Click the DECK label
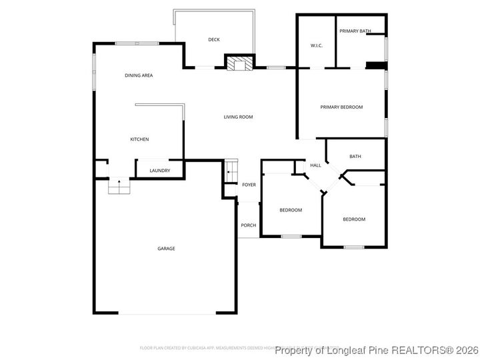[213, 39]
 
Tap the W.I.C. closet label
[317, 45]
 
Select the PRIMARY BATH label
[355, 31]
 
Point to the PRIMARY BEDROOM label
[341, 107]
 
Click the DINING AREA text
[139, 75]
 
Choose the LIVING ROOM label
[238, 117]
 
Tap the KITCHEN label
[139, 139]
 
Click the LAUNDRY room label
[159, 171]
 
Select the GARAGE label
[166, 249]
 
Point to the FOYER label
[249, 185]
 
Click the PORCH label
[248, 225]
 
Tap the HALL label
[315, 165]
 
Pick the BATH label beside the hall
[355, 157]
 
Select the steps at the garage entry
[119, 187]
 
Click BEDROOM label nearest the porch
[291, 210]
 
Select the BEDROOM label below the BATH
[354, 219]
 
